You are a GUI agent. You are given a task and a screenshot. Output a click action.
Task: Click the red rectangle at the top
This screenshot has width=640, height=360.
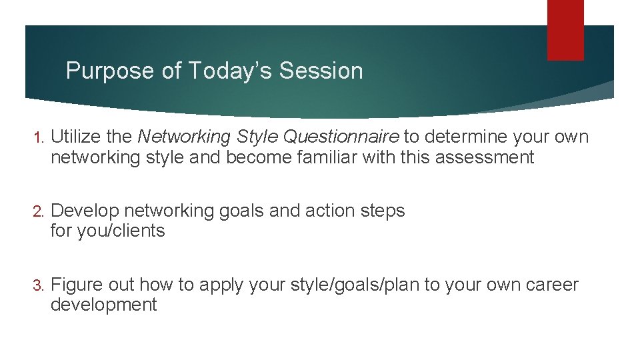(565, 29)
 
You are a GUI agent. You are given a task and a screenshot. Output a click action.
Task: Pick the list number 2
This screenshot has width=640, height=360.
(38, 211)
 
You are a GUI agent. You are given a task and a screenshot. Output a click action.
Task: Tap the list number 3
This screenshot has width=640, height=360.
(38, 285)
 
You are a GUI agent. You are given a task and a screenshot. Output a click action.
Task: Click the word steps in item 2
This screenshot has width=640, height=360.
(384, 211)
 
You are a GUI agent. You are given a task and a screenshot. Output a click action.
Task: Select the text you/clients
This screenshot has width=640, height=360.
(119, 231)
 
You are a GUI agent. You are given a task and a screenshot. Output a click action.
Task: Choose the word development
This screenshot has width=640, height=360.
(103, 305)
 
